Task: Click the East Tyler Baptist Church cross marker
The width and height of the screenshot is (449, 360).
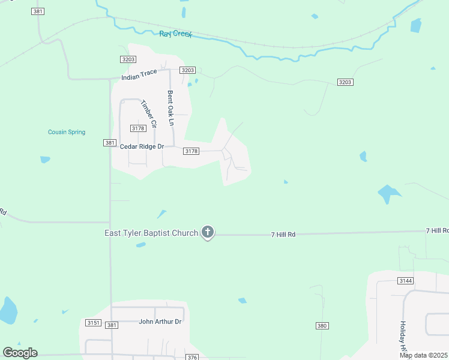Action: [x=208, y=232]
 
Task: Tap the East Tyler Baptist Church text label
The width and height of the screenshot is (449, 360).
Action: [x=152, y=233]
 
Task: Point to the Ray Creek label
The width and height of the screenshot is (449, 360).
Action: [x=175, y=34]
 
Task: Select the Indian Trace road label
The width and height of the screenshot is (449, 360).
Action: [x=139, y=74]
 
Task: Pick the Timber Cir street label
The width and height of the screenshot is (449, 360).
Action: [x=148, y=113]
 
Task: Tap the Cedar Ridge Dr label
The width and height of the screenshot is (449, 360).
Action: [x=142, y=146]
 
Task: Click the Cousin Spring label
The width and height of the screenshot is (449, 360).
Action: [x=67, y=132]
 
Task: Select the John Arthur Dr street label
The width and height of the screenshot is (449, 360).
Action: [x=160, y=322]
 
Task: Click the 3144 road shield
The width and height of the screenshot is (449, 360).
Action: [x=405, y=281]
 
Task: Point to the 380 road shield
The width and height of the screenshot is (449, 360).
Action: [x=322, y=325]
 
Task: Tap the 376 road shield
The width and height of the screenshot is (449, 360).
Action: [x=192, y=357]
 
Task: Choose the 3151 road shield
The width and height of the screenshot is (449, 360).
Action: [x=93, y=323]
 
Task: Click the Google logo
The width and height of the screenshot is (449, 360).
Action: [x=20, y=353]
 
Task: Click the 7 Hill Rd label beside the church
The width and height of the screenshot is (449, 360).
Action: [x=283, y=234]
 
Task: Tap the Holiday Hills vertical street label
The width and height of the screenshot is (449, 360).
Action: [x=403, y=335]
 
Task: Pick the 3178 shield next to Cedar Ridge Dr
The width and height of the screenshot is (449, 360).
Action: [x=191, y=151]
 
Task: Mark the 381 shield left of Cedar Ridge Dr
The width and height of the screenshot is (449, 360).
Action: [x=109, y=143]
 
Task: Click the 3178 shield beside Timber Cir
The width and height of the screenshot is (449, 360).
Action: [x=138, y=128]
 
